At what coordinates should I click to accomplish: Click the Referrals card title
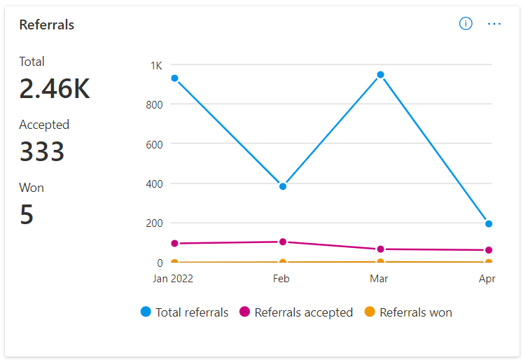(x=47, y=25)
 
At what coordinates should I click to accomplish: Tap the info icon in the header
(x=466, y=24)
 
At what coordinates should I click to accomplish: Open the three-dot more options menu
(x=494, y=24)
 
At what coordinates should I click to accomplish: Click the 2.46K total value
(x=55, y=89)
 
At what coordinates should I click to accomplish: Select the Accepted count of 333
(x=42, y=152)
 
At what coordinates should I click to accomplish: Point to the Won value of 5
(x=27, y=214)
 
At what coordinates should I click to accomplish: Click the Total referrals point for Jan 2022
(x=174, y=78)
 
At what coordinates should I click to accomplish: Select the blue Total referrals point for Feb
(x=283, y=186)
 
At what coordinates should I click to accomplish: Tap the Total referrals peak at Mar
(x=380, y=74)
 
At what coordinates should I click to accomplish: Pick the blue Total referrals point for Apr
(x=489, y=224)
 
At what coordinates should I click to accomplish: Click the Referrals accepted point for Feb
(x=283, y=242)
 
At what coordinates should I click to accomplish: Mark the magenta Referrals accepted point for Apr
(x=489, y=250)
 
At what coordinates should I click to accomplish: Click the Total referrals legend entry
(x=185, y=312)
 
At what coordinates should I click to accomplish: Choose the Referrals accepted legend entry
(x=296, y=312)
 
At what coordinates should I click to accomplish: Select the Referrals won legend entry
(x=409, y=312)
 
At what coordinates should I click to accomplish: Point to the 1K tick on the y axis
(x=156, y=65)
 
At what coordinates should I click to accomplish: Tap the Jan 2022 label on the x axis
(x=174, y=279)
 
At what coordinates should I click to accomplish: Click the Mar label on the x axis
(x=379, y=279)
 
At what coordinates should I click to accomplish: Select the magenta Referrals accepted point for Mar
(x=380, y=249)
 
